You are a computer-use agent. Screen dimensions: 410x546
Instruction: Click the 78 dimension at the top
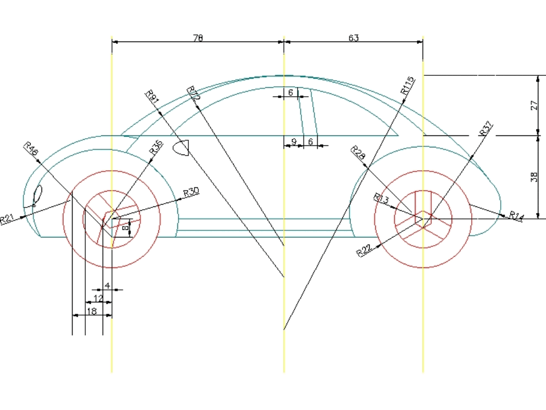click(198, 38)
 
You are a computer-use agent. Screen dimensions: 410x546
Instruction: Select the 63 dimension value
click(353, 38)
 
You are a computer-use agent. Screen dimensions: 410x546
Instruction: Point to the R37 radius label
click(485, 128)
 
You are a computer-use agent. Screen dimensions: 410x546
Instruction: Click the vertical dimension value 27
click(534, 105)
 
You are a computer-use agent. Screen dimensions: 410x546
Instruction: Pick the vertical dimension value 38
click(534, 176)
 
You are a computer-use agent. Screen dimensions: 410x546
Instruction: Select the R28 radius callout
click(358, 153)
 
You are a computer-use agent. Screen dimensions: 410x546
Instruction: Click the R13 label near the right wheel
click(381, 199)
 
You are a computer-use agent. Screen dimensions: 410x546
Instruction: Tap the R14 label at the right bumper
click(516, 216)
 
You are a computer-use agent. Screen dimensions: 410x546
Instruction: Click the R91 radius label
click(152, 97)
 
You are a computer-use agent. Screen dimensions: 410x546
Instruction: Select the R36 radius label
click(156, 149)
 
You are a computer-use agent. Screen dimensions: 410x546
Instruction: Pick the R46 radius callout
click(31, 149)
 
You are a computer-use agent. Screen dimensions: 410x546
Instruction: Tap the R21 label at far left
click(7, 219)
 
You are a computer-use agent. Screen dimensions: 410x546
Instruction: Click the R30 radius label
click(191, 192)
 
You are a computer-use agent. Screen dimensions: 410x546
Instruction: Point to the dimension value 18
click(92, 311)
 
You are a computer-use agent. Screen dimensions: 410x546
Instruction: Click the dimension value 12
click(98, 298)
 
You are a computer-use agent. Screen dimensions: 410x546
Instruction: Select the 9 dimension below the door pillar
click(294, 142)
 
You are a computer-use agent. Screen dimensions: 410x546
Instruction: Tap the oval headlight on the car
click(38, 194)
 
